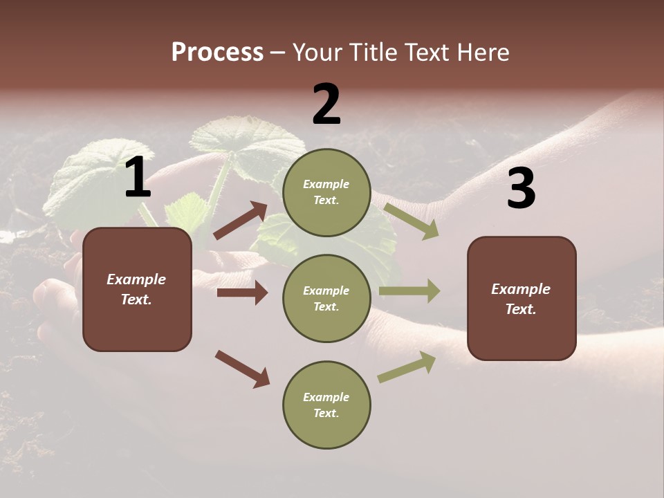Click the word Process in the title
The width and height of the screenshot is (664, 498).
[x=217, y=53]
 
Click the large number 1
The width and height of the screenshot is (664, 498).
[x=138, y=178]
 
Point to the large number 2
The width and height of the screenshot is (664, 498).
[x=326, y=104]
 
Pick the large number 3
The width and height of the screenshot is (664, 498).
[x=521, y=189]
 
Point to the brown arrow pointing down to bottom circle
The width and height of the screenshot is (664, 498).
[x=242, y=369]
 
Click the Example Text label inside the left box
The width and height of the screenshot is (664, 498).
[x=136, y=289]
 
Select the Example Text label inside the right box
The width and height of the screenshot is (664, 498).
[x=521, y=299]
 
